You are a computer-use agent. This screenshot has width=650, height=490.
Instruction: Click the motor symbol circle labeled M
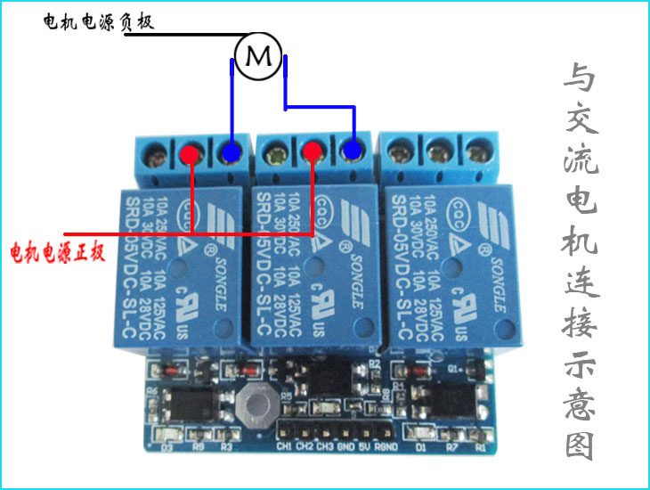[x=259, y=57]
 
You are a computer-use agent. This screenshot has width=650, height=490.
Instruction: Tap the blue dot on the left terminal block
[x=232, y=153]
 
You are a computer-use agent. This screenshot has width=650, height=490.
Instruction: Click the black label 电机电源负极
[x=99, y=22]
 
